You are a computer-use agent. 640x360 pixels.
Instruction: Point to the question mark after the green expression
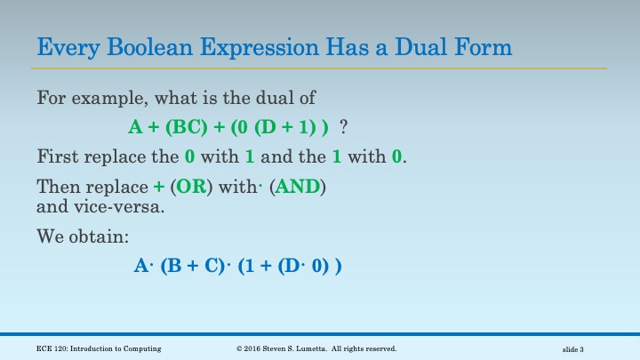click(343, 127)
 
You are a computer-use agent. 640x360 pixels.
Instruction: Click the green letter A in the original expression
click(135, 127)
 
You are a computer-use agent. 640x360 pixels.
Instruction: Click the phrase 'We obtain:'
click(78, 237)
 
